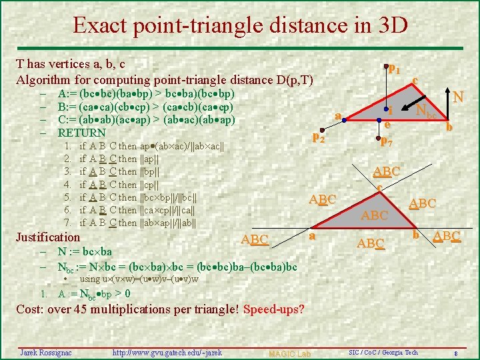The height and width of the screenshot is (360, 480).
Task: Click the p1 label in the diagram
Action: [x=394, y=69]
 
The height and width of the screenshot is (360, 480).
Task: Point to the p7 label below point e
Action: [x=386, y=141]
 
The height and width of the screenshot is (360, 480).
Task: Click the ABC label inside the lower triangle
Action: [x=374, y=215]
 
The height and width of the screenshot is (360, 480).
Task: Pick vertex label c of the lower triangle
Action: [x=378, y=187]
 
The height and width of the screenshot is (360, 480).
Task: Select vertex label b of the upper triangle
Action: [x=449, y=125]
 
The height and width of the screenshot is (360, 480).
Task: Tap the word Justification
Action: [x=47, y=237]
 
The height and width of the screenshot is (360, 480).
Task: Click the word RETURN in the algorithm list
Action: [x=82, y=132]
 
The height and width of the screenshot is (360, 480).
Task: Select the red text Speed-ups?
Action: [x=274, y=310]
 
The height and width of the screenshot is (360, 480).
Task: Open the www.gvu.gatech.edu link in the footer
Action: [x=167, y=352]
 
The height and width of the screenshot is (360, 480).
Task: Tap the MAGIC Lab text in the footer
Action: [x=289, y=353]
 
